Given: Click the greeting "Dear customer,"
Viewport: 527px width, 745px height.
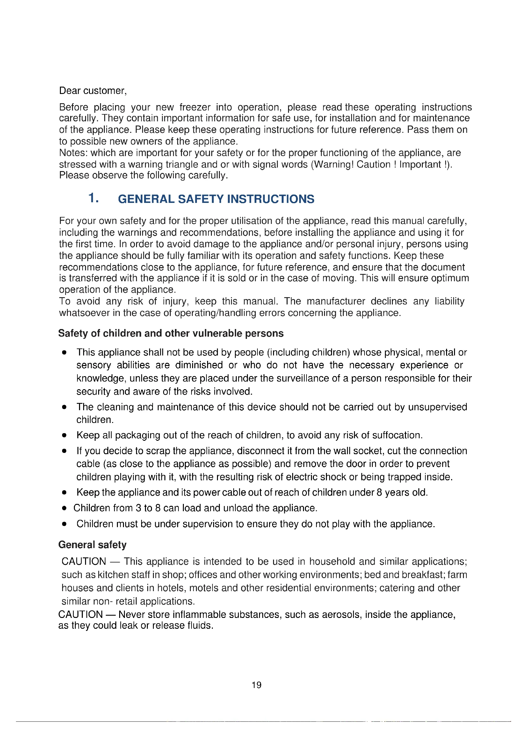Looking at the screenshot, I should click(93, 91).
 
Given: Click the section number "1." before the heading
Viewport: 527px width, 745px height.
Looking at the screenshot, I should click(93, 198).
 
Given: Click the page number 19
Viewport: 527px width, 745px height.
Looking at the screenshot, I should click(256, 685).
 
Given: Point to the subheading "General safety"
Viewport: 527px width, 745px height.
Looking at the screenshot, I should click(92, 544).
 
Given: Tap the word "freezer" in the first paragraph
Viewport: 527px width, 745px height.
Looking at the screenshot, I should click(195, 107).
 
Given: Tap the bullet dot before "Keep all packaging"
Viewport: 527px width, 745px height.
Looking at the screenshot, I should click(64, 435).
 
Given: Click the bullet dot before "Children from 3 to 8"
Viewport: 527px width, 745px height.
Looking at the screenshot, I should click(64, 508).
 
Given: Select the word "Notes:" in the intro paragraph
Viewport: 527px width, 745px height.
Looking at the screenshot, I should click(73, 153).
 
